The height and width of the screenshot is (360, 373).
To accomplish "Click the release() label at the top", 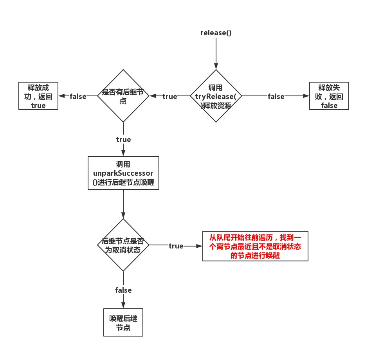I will pyautogui.click(x=216, y=32).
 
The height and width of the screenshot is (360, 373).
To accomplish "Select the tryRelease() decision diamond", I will pyautogui.click(x=216, y=96).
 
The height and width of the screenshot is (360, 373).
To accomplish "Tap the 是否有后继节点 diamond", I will pyautogui.click(x=123, y=96).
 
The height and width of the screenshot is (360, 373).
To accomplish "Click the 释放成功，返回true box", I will pyautogui.click(x=38, y=96).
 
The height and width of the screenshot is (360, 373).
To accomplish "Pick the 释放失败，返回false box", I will pyautogui.click(x=329, y=96).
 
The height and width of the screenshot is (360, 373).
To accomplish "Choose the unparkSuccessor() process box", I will pyautogui.click(x=123, y=173).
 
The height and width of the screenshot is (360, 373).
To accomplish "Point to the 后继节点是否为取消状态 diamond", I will pyautogui.click(x=123, y=245).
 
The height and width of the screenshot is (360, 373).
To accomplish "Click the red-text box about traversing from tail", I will pyautogui.click(x=255, y=246).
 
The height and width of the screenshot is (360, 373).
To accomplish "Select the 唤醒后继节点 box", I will pyautogui.click(x=123, y=322).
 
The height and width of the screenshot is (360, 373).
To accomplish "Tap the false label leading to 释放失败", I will pyautogui.click(x=276, y=96).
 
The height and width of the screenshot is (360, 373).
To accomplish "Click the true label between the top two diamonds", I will pyautogui.click(x=169, y=96).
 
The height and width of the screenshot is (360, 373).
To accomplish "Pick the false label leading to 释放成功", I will pyautogui.click(x=78, y=96).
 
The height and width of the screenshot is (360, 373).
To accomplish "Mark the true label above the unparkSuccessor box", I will pyautogui.click(x=123, y=139).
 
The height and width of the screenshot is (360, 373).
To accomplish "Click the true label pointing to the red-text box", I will pyautogui.click(x=176, y=246).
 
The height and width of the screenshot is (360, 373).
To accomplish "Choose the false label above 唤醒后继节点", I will pyautogui.click(x=123, y=290).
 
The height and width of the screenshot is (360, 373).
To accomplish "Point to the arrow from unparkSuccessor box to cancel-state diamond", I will pyautogui.click(x=123, y=203).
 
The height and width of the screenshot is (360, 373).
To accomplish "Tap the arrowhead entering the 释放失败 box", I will pyautogui.click(x=306, y=96).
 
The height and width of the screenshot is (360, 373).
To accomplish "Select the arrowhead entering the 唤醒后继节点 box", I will pyautogui.click(x=123, y=306).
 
